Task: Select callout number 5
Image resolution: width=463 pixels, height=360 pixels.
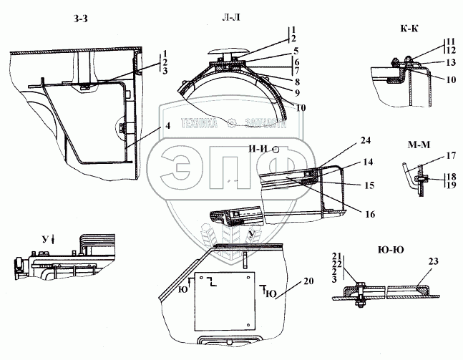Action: click(295, 51)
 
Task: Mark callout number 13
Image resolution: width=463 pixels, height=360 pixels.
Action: click(449, 63)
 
